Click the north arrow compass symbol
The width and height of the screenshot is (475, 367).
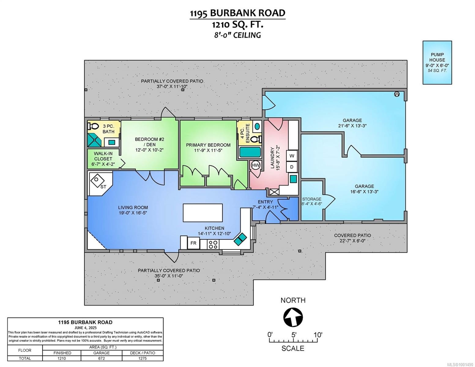coord(293,317)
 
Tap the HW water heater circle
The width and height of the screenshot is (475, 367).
coord(256,165)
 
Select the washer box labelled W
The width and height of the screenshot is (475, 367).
coord(292,156)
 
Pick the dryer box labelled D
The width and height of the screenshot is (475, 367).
coord(292,167)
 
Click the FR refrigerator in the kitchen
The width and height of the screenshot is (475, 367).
coord(193,243)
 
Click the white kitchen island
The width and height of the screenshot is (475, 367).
coord(202,213)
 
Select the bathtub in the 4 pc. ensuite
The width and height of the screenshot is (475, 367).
coord(250,152)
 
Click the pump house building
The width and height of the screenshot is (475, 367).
coord(437,62)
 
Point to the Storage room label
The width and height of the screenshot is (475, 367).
coord(312,199)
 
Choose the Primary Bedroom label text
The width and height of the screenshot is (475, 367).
coord(208,145)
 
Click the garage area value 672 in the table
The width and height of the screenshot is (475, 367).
coord(101,358)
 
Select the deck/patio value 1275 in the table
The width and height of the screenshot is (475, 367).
coord(143,358)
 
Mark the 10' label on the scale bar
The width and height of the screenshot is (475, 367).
coord(318,335)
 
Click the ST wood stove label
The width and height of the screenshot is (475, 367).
coord(103,187)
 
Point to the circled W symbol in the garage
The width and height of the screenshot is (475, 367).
coord(397,94)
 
